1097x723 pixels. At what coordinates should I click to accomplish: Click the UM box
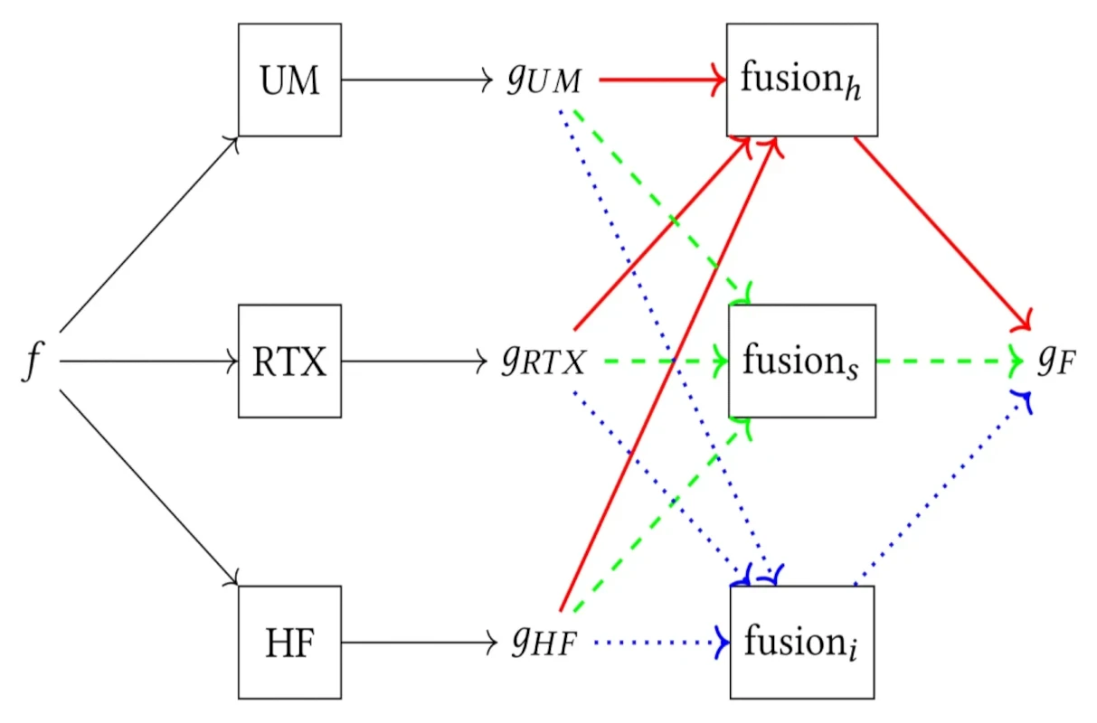click(289, 80)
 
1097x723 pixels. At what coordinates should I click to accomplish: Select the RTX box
click(289, 361)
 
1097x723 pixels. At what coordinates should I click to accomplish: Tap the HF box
click(289, 643)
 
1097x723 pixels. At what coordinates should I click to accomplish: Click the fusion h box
click(801, 80)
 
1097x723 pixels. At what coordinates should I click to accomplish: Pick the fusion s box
click(801, 361)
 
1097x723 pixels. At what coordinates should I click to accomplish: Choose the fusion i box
click(801, 643)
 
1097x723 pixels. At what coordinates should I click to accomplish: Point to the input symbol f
click(33, 361)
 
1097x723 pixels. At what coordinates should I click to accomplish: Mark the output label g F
click(1055, 362)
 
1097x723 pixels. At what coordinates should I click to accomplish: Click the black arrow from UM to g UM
click(416, 80)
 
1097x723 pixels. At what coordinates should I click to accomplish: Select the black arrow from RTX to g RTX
click(416, 361)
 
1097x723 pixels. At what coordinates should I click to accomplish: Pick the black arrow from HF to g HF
click(416, 643)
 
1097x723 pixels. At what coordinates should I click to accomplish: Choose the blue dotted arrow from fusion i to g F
click(941, 488)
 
